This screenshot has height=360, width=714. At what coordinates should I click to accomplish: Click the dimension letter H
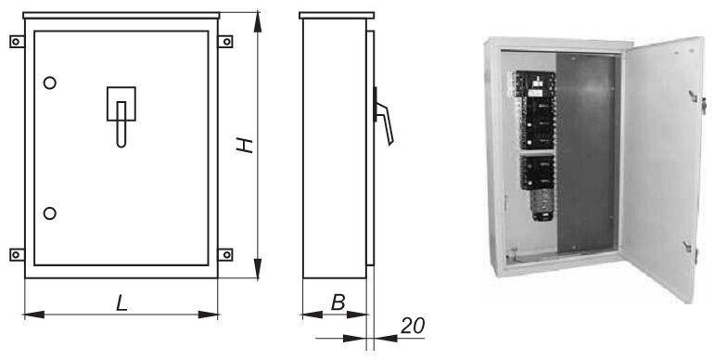click(245, 145)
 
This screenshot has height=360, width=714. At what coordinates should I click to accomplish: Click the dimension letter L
click(121, 303)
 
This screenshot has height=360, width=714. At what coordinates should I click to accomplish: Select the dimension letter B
click(338, 302)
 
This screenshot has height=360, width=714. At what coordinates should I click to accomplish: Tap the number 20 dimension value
click(413, 326)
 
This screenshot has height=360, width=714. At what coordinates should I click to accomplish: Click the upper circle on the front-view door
click(50, 83)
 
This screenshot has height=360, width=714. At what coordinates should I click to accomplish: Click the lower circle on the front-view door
click(50, 213)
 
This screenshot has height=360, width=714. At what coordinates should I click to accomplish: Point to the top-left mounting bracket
click(17, 42)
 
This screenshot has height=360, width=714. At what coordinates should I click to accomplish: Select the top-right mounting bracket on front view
click(225, 42)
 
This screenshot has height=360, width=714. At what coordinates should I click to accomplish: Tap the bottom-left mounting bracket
click(17, 255)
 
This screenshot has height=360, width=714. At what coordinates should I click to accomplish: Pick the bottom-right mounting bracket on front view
click(225, 255)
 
